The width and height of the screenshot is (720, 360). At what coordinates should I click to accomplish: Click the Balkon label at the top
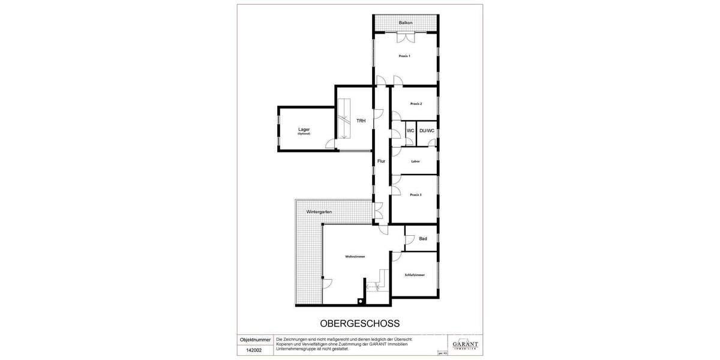pyautogui.click(x=406, y=23)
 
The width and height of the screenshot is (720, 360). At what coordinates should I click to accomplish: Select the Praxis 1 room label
pyautogui.click(x=405, y=56)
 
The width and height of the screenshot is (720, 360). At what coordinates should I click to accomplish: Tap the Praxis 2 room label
pyautogui.click(x=416, y=104)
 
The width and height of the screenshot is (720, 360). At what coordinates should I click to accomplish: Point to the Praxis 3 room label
pyautogui.click(x=416, y=194)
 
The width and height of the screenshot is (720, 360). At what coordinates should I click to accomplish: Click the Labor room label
pyautogui.click(x=415, y=161)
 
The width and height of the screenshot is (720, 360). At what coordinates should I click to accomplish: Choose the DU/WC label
pyautogui.click(x=427, y=130)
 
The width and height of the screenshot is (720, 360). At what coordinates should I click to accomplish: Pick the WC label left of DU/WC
pyautogui.click(x=410, y=130)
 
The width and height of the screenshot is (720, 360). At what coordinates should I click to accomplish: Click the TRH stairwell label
pyautogui.click(x=361, y=121)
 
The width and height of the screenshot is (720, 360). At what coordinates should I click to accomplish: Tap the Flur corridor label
pyautogui.click(x=381, y=161)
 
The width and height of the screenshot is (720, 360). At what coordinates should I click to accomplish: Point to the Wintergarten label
pyautogui.click(x=319, y=212)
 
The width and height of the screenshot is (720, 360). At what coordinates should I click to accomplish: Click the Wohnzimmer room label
pyautogui.click(x=355, y=256)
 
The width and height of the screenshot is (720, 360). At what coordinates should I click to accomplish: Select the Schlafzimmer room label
pyautogui.click(x=415, y=275)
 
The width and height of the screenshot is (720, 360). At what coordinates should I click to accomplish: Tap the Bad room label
pyautogui.click(x=423, y=239)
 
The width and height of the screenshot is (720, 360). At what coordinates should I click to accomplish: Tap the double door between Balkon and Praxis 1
pyautogui.click(x=406, y=37)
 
